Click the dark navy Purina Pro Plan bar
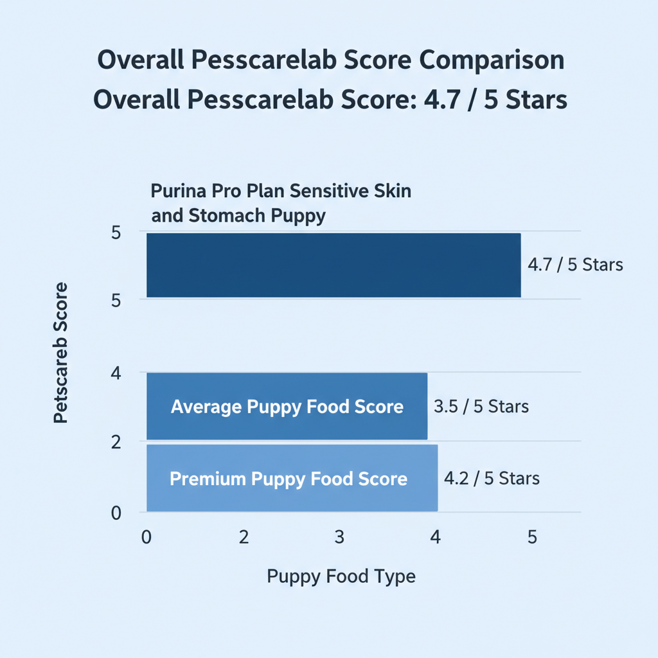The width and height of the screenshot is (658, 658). coord(333,265)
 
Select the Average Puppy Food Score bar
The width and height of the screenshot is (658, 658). coord(287,406)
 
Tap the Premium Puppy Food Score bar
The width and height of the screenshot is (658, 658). coord(292,478)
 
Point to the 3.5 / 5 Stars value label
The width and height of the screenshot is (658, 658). coord(481,407)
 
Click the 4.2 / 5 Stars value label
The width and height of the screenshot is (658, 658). coord(492,478)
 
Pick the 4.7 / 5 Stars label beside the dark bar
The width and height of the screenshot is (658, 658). coord(575,265)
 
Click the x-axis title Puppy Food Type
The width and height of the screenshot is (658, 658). coord(341,576)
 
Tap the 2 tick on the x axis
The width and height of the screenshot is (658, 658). coord(244,538)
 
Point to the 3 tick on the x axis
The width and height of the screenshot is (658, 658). coord(340,538)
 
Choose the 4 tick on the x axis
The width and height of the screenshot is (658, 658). coord(436,538)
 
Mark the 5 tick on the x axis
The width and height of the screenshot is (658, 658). coord(532,538)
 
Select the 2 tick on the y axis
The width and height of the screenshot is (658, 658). coord(116,442)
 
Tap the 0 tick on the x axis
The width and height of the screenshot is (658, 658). coord(147,538)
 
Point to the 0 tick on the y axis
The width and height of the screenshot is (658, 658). coord(116,513)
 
